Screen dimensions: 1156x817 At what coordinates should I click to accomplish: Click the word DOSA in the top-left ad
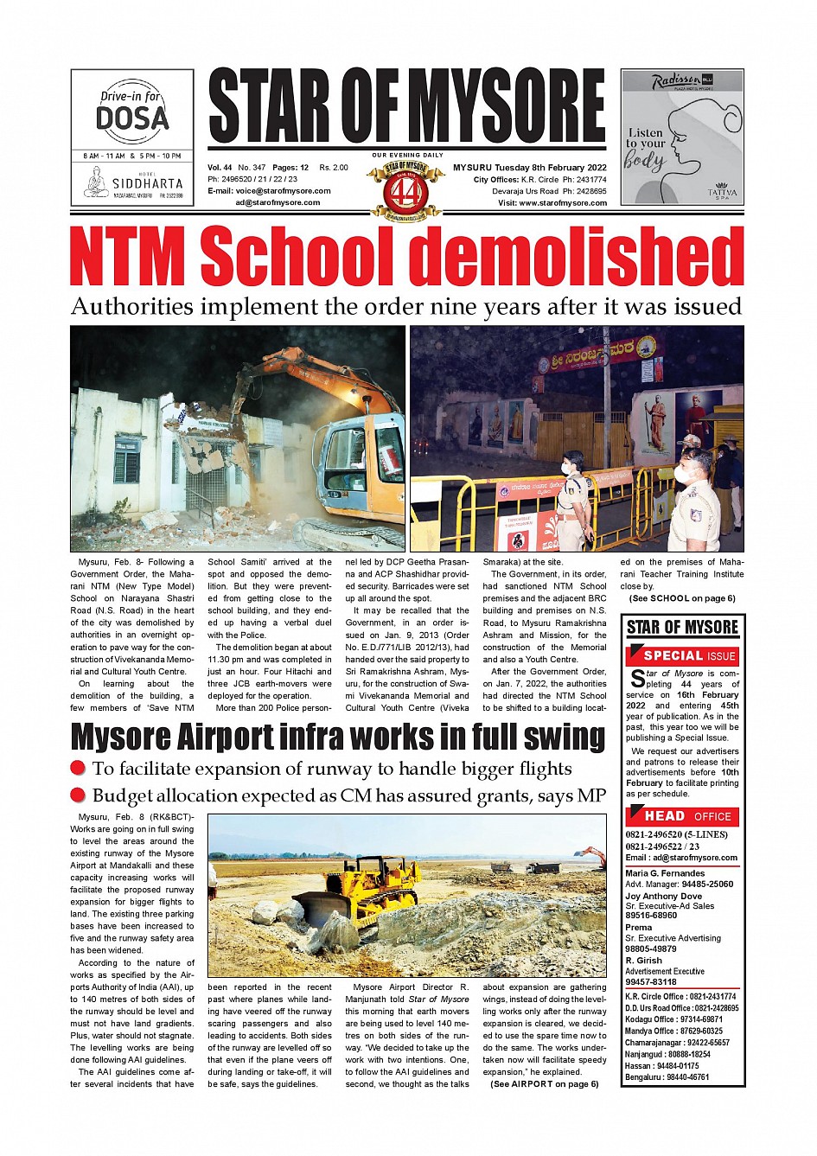click(x=132, y=118)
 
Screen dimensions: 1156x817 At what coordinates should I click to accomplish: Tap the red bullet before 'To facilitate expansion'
click(x=78, y=769)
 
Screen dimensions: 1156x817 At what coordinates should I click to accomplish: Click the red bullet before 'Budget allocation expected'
click(x=78, y=795)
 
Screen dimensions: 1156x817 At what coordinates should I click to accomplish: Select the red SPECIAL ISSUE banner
click(x=682, y=655)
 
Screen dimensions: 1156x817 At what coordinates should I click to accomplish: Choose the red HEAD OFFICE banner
click(x=682, y=815)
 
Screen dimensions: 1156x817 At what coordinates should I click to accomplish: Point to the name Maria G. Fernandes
click(x=665, y=873)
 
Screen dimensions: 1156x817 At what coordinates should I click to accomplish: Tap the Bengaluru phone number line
click(x=667, y=1077)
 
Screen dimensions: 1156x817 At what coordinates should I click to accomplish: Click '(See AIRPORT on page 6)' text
click(x=544, y=1084)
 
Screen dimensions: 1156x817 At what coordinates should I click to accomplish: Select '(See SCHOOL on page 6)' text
click(x=682, y=598)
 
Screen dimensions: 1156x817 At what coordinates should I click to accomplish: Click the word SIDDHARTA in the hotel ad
click(x=147, y=184)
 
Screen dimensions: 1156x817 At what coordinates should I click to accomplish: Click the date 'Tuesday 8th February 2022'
click(x=551, y=168)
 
